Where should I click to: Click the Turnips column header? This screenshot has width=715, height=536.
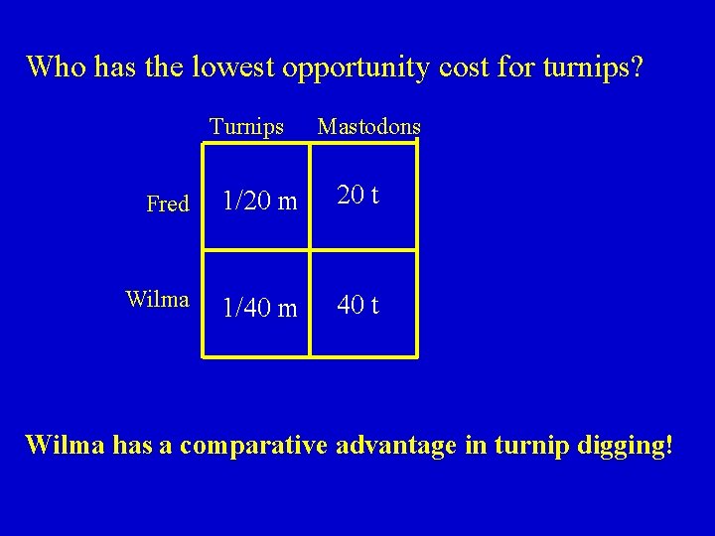pos(246,127)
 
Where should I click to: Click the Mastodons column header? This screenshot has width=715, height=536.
pos(368,127)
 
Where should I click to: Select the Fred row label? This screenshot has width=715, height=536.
pos(167,204)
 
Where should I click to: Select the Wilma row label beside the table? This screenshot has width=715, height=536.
pos(157,299)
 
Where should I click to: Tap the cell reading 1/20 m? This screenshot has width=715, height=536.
pos(259,201)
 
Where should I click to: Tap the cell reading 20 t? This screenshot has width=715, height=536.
pos(357,196)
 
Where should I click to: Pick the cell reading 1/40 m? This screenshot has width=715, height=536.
pos(259,309)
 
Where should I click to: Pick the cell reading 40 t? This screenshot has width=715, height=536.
pos(357,305)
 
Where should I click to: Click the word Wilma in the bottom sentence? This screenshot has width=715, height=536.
pos(65,445)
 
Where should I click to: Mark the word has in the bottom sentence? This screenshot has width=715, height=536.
pos(130,445)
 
